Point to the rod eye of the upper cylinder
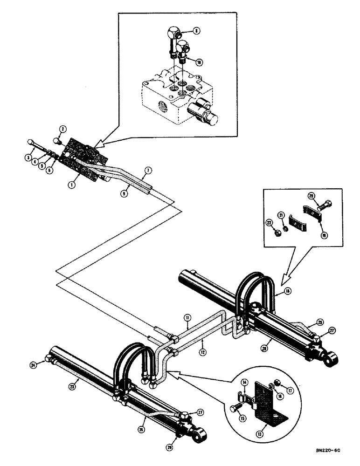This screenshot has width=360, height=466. (x=332, y=358)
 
